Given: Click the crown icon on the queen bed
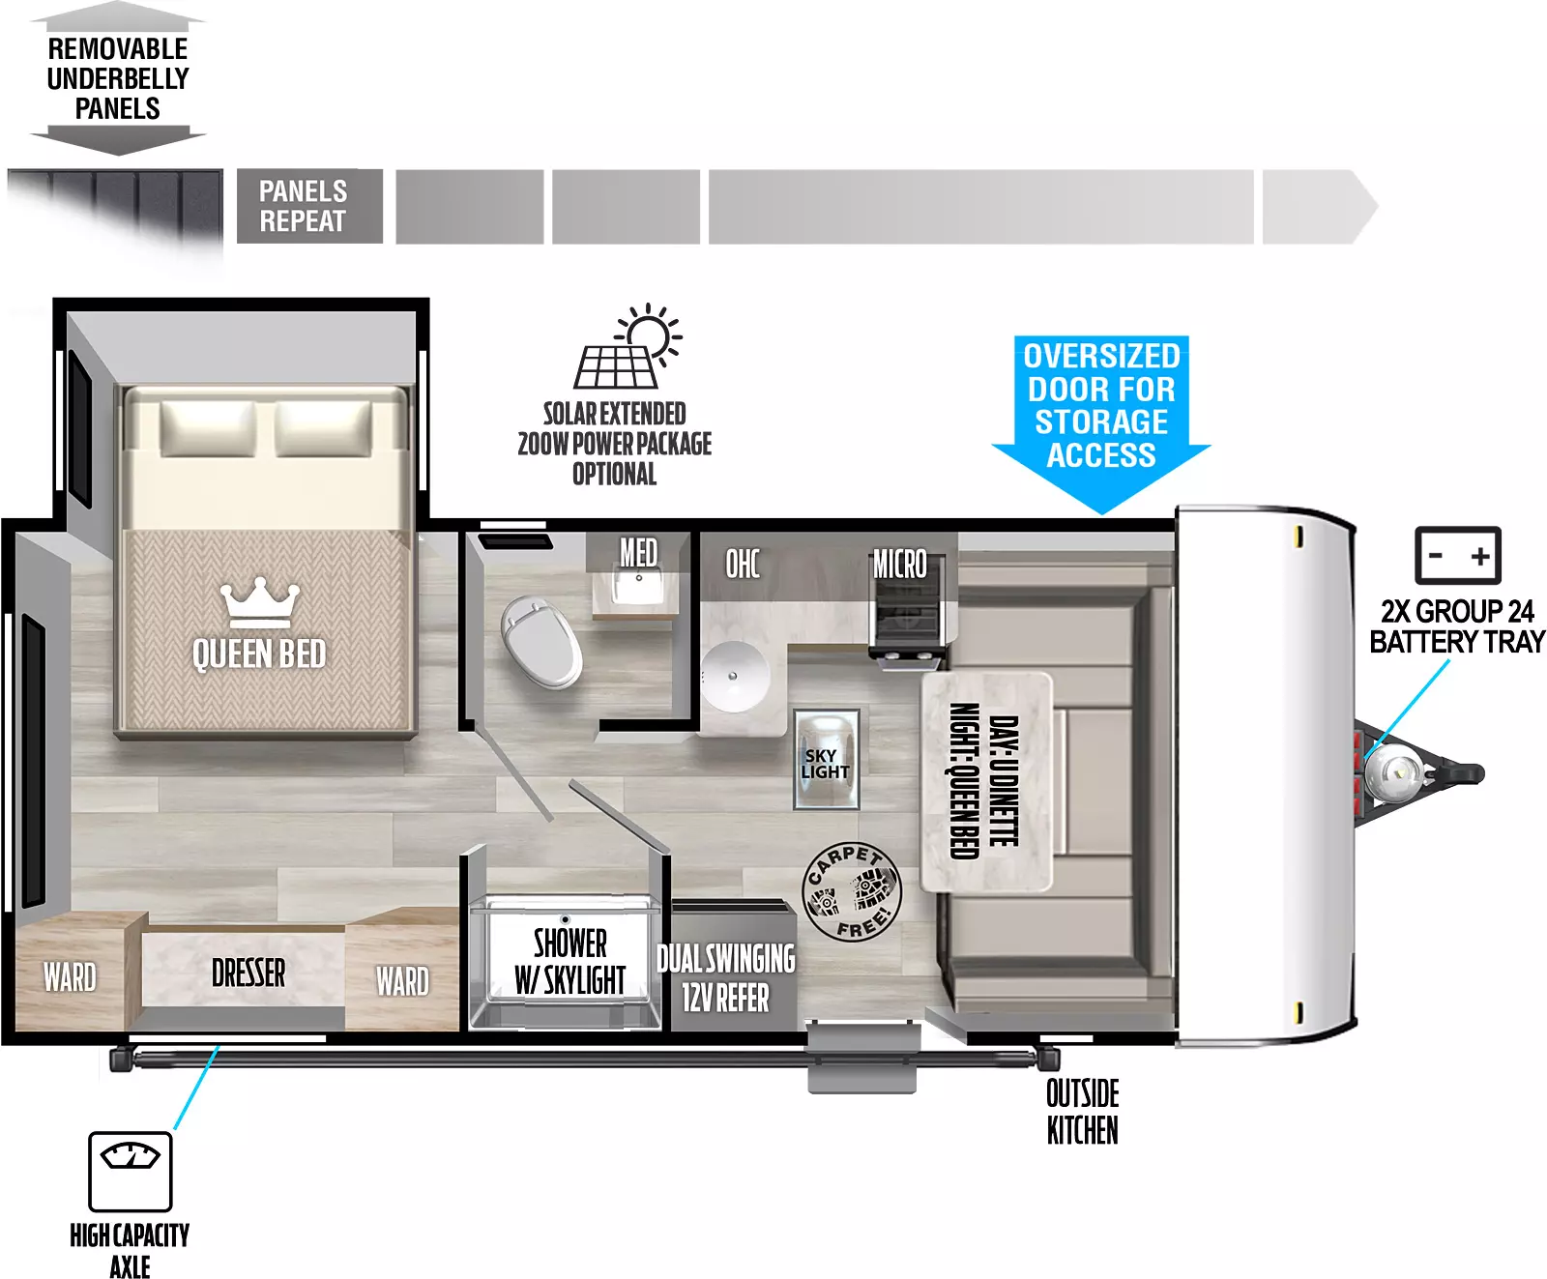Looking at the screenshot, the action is [259, 603].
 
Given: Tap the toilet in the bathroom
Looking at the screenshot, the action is [540, 640].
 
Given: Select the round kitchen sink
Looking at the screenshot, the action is [736, 675].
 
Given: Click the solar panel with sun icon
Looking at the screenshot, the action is [628, 347].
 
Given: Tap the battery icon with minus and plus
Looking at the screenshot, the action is [1458, 555].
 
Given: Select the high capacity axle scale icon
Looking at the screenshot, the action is [131, 1172].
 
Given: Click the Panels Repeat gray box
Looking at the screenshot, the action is [309, 206].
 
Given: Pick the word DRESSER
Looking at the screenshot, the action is [248, 974].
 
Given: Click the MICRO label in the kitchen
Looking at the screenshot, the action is [899, 564].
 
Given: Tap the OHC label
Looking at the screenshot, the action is [743, 564].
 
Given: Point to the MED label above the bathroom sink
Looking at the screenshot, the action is [638, 552].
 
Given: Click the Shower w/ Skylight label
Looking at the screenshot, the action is [570, 961].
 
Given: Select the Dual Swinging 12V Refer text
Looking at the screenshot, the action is [726, 977].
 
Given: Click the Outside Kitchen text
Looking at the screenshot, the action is [1083, 1112].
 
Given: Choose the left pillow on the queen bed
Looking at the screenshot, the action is [208, 427].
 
